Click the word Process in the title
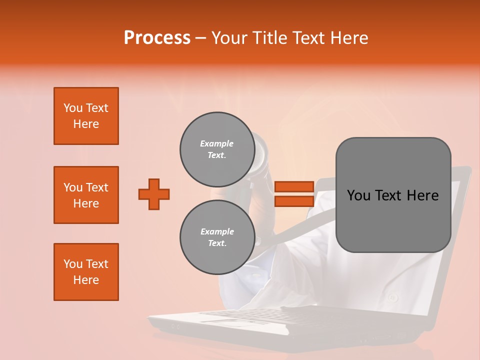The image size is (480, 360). tap(157, 38)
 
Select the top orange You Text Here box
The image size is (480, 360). tap(86, 116)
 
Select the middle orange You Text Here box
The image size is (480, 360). tap(86, 195)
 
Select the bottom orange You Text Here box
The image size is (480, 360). tap(86, 272)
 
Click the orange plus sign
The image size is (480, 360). tap(154, 194)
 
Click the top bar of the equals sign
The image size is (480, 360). tap(294, 186)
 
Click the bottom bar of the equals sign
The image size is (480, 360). tap(294, 201)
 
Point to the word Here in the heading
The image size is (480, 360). tap(350, 38)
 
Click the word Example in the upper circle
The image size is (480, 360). tap(216, 143)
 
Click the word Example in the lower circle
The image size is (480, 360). tap(217, 231)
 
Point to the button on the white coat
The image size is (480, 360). tap(392, 298)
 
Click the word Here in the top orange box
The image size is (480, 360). tap(86, 124)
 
